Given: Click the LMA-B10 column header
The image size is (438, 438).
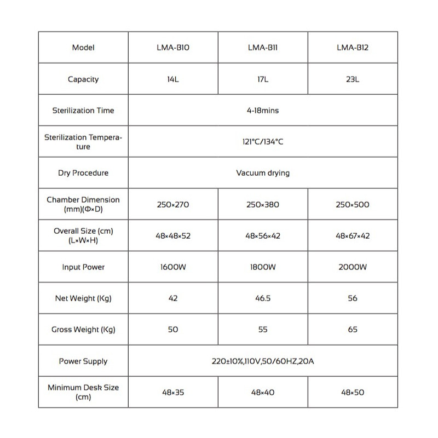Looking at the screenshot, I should (173, 48).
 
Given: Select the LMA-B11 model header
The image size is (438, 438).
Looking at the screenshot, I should (263, 48).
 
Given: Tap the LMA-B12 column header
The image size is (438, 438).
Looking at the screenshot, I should (353, 48).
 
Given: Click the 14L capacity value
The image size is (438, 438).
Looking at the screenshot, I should (173, 79).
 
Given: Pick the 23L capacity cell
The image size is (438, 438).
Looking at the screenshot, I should (353, 79).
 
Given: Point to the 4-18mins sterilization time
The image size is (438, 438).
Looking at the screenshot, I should (263, 111).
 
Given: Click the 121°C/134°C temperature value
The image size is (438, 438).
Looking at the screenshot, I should (263, 142).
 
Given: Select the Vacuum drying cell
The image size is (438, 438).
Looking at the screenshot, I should (263, 173).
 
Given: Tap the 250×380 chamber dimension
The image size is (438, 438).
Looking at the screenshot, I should (263, 205).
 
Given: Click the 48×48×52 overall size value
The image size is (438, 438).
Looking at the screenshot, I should (173, 236).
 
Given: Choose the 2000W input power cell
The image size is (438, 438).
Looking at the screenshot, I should (353, 267).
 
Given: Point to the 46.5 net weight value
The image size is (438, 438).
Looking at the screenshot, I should (263, 298).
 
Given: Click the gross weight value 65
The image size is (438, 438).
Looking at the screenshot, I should (353, 330).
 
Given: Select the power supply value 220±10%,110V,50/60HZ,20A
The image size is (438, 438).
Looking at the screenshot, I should (263, 361).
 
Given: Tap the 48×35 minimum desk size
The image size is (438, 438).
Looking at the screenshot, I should (173, 393).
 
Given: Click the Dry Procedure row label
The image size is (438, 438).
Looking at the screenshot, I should (83, 173).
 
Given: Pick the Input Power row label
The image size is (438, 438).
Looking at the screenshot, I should (83, 267).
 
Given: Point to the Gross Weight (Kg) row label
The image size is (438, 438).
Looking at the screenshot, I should (83, 330).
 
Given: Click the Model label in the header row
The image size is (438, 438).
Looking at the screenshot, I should (83, 48).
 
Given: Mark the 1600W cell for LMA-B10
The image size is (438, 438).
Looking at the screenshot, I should (173, 267).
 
